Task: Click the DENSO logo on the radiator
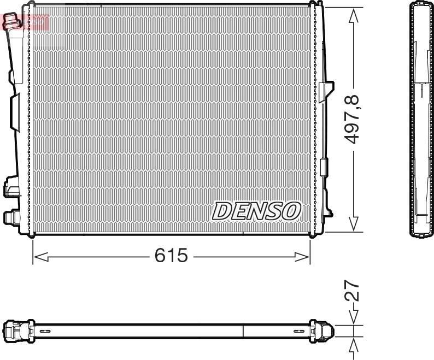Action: (x=256, y=211)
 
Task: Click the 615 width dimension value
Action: (x=171, y=255)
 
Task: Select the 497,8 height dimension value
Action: (x=352, y=119)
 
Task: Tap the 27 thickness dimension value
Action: (x=352, y=291)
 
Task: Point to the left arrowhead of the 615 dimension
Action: (x=40, y=257)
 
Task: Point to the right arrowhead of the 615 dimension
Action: (x=302, y=257)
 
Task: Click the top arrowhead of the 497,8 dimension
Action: (x=354, y=15)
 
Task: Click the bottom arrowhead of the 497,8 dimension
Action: (x=354, y=224)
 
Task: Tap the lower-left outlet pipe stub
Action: (x=10, y=217)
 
